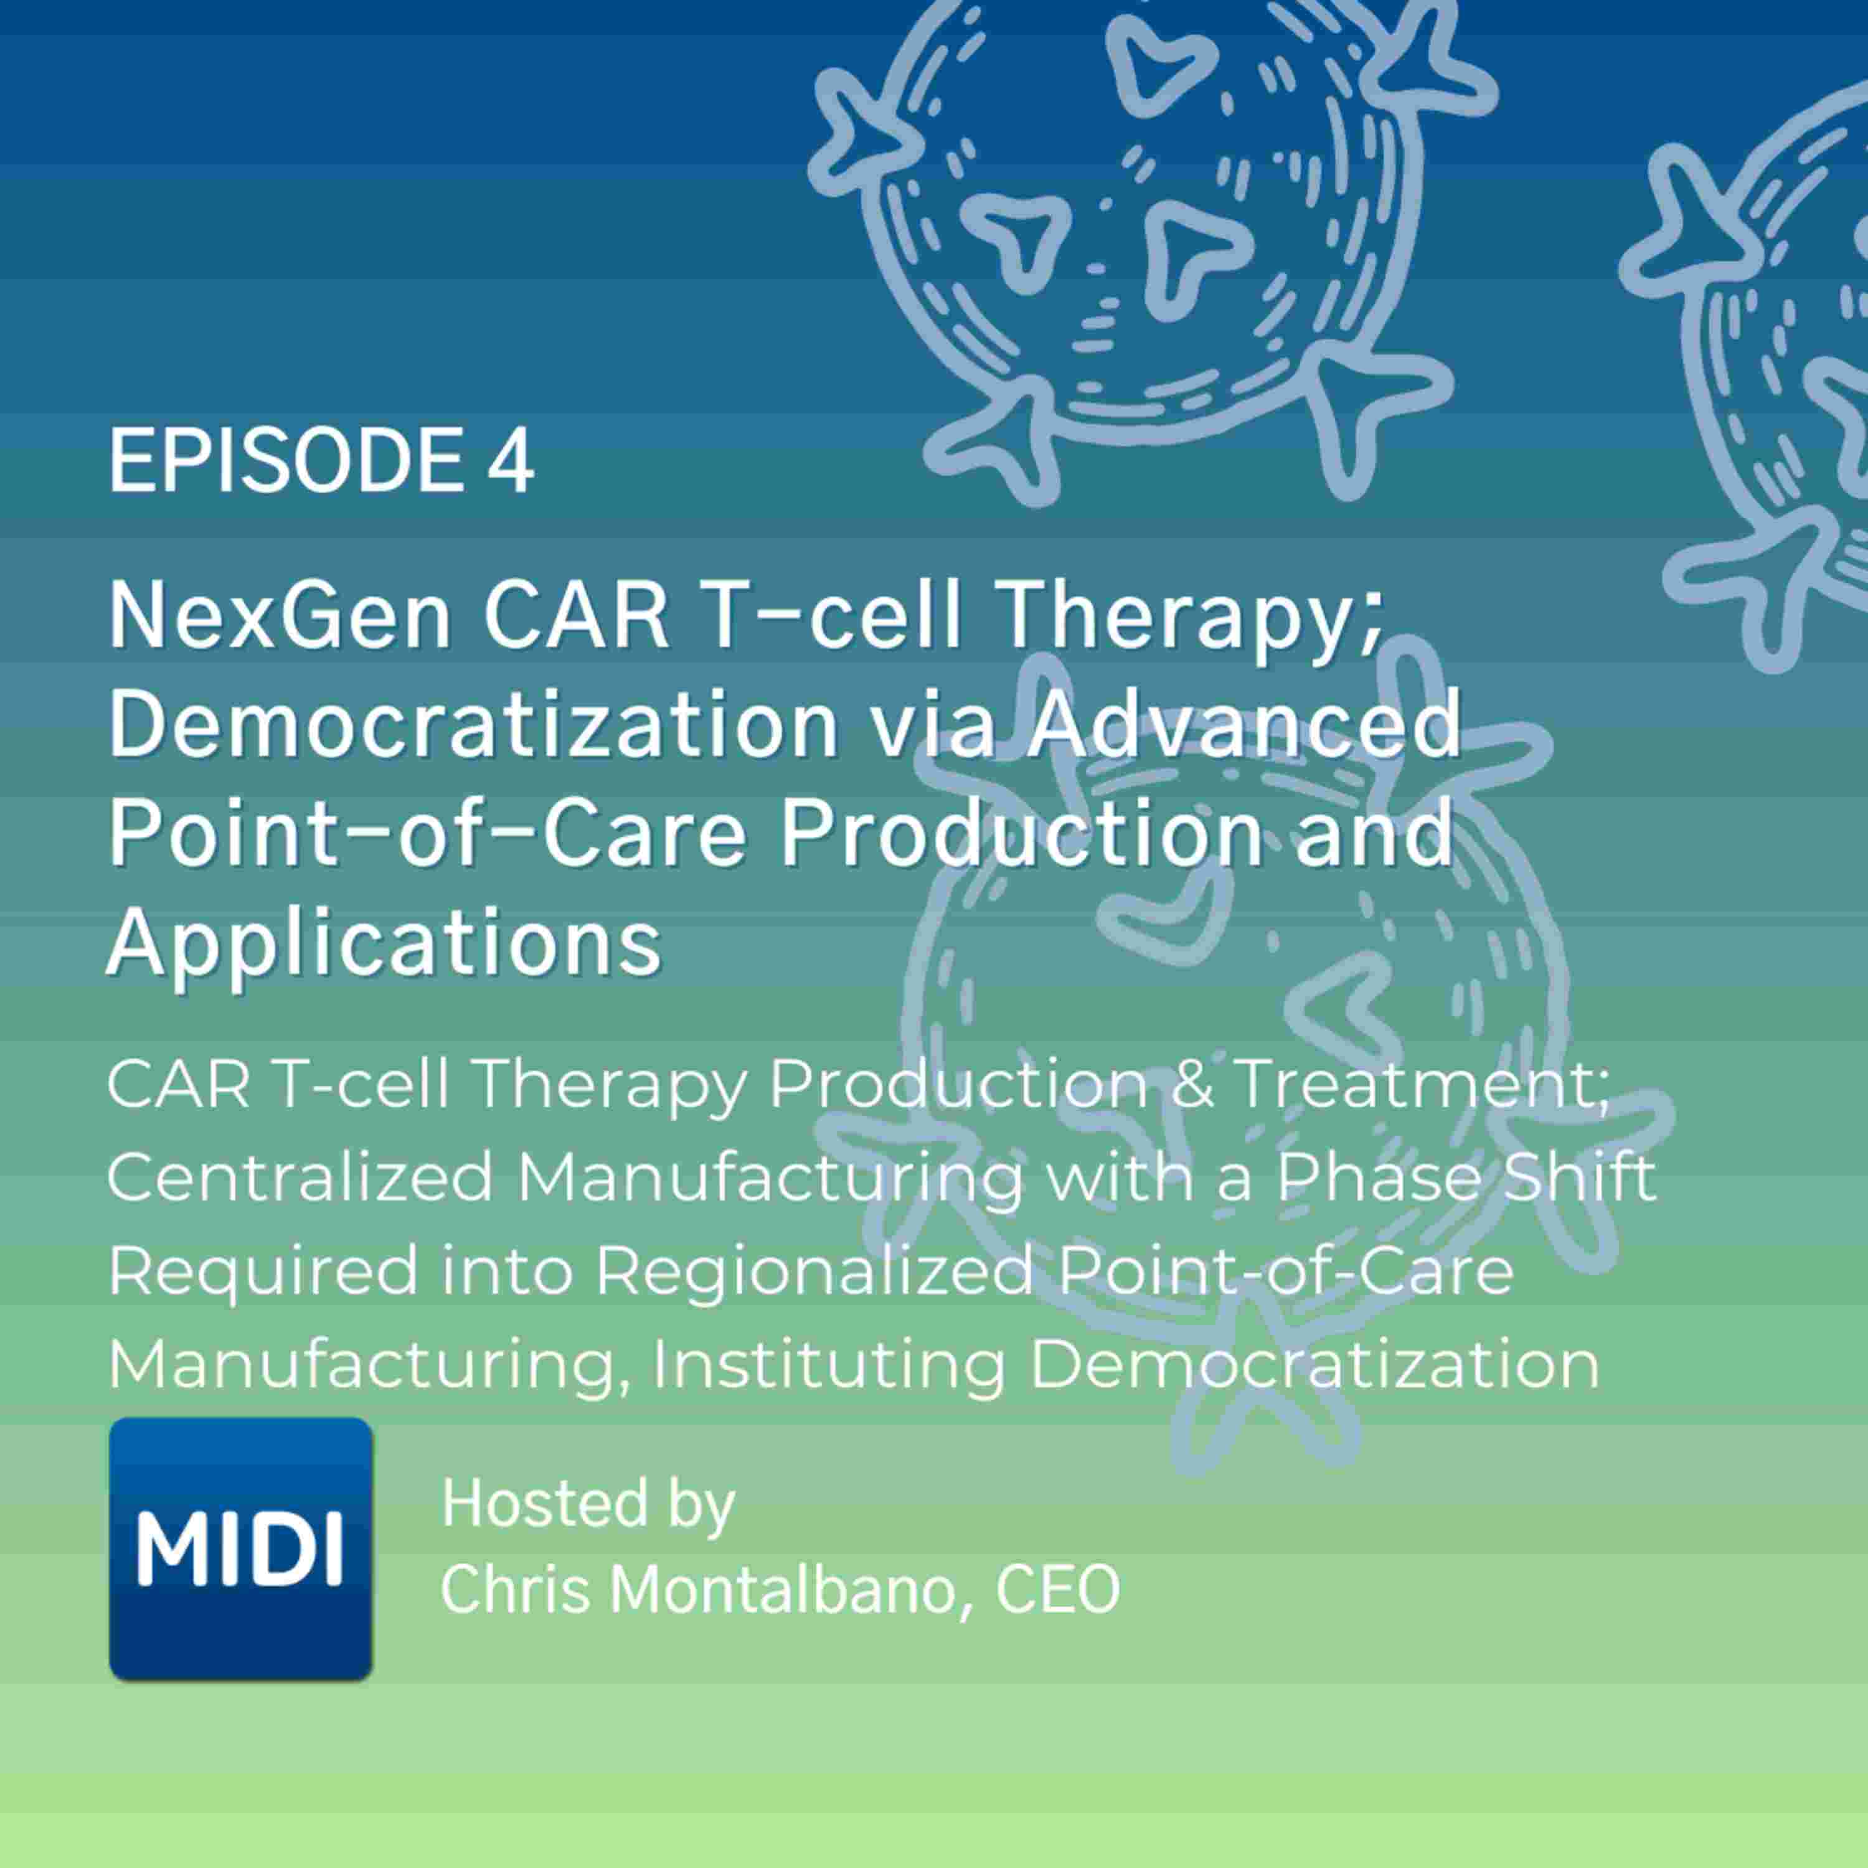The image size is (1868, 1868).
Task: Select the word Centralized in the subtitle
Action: click(300, 1177)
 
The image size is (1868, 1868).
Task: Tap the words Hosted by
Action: click(587, 1504)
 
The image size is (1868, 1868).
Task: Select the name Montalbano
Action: click(791, 1590)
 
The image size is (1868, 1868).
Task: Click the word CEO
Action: click(1057, 1590)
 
